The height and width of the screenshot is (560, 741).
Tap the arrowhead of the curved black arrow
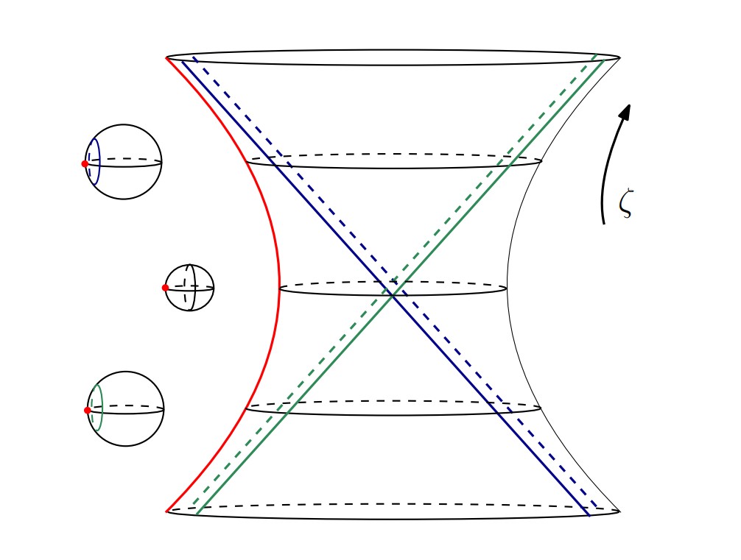click(626, 111)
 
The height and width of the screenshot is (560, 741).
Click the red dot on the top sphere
click(85, 163)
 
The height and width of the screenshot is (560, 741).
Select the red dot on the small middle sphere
click(165, 288)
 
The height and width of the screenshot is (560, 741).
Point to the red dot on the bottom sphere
click(87, 410)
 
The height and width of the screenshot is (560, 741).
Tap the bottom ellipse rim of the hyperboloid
click(393, 519)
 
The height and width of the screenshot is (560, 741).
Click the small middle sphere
click(190, 288)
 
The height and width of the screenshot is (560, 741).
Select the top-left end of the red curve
click(168, 58)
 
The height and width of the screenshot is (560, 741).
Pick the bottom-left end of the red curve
click(168, 510)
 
